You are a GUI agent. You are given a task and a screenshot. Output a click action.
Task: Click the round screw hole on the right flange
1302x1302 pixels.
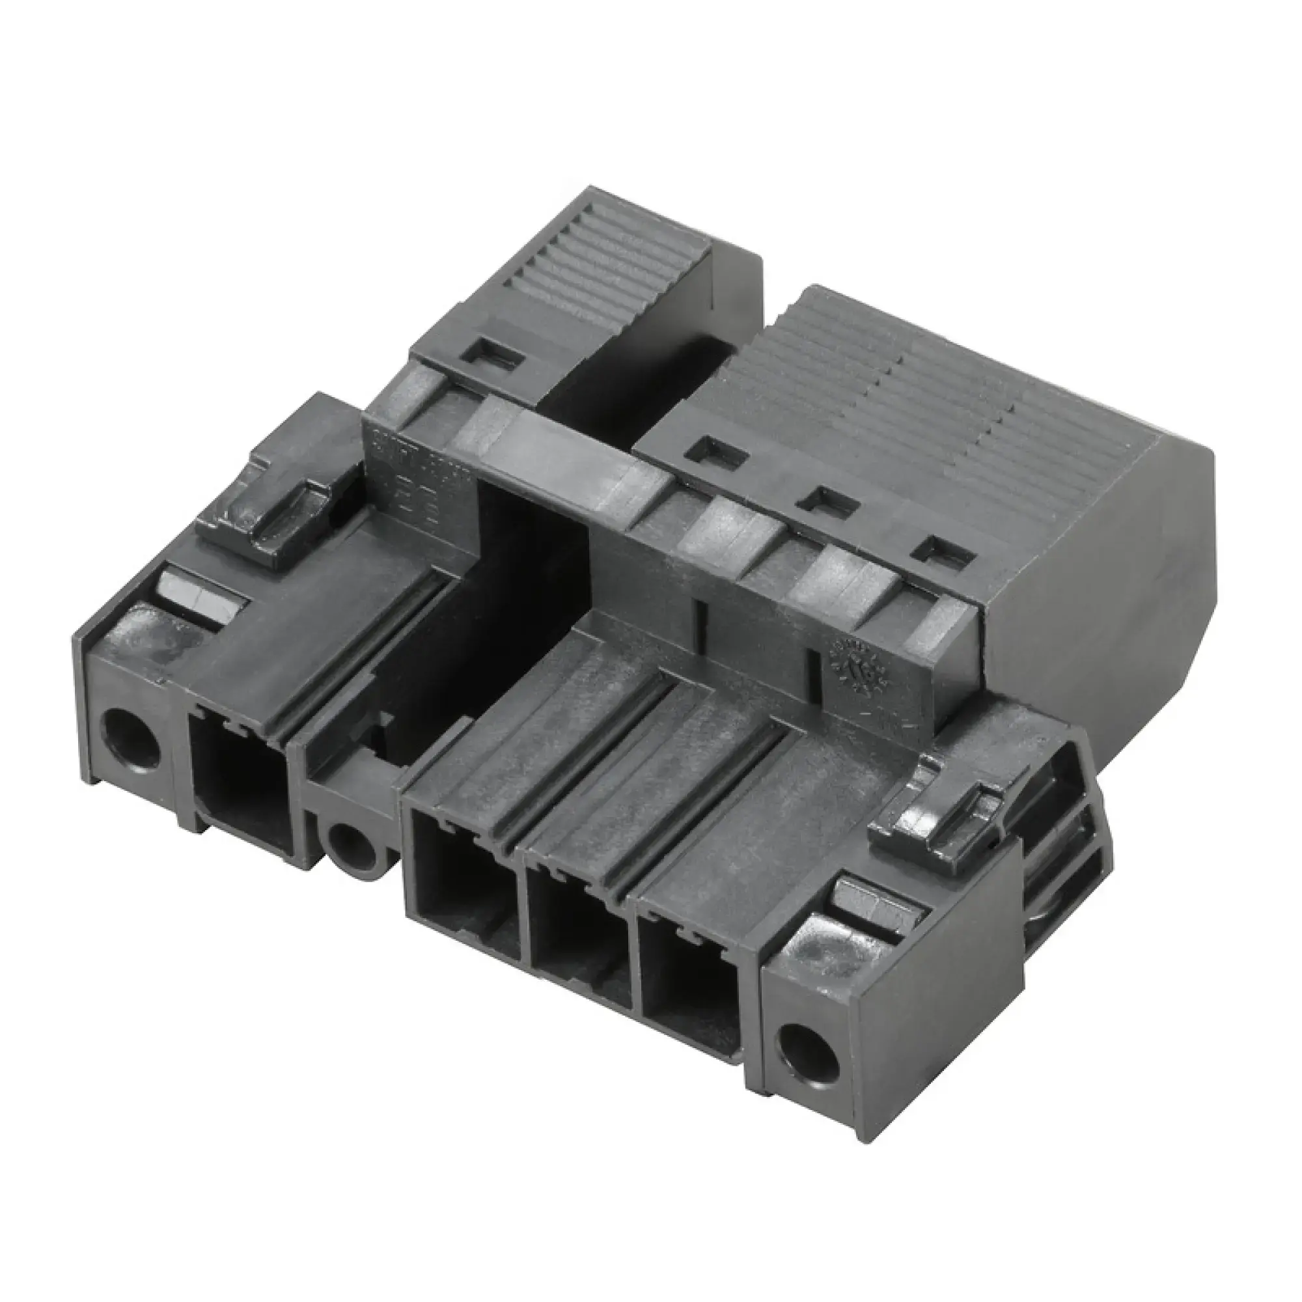point(807,1051)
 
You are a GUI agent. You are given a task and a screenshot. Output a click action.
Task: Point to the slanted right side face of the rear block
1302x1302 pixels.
point(1105,579)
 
